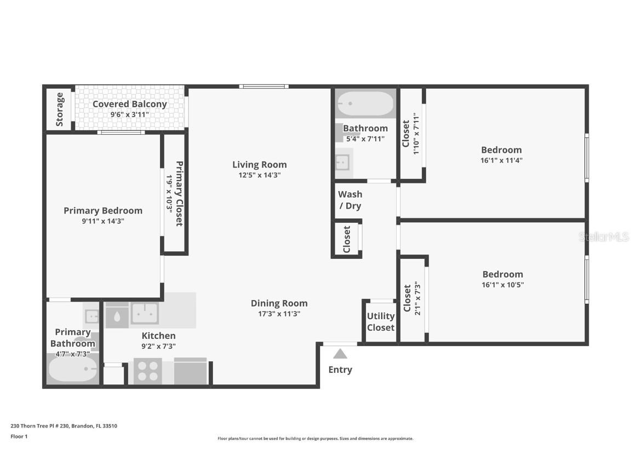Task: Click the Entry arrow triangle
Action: [340, 354]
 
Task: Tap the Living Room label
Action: [259, 164]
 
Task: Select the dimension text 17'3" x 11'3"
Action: [279, 314]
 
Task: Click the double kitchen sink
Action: [145, 313]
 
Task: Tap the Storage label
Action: [60, 109]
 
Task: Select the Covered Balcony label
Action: [130, 104]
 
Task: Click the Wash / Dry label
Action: [350, 200]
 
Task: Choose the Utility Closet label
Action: [381, 322]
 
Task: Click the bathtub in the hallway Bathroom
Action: [365, 103]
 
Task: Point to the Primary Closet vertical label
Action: [179, 193]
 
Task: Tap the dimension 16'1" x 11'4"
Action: [501, 160]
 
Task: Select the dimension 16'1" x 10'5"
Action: [502, 285]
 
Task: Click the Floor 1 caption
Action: [19, 436]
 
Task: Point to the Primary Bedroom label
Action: [103, 210]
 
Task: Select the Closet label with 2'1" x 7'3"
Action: [407, 298]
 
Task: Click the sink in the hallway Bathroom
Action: [342, 161]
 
